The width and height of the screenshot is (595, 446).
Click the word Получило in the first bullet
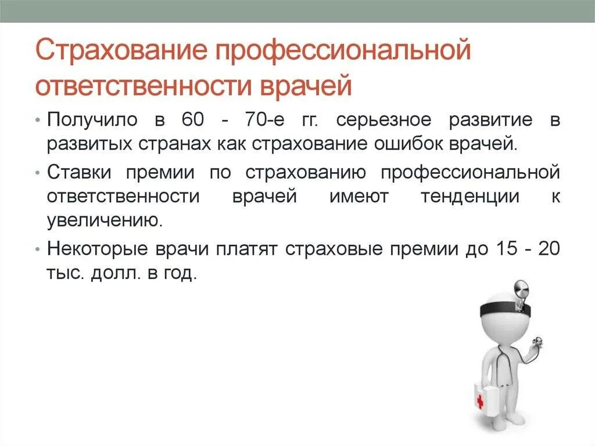tap(92, 120)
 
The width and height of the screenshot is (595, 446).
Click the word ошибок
tap(412, 143)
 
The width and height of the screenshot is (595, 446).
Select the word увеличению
tap(103, 220)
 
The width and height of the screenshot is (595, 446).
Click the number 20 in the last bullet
tap(549, 249)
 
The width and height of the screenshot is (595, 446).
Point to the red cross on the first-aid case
tap(480, 401)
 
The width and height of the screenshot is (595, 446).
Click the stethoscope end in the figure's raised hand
tap(539, 343)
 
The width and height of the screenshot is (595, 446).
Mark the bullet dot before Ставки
tap(38, 173)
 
